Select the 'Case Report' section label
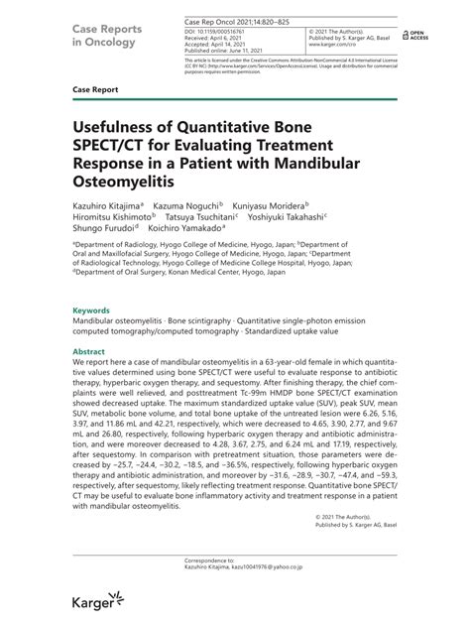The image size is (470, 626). tap(94, 89)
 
